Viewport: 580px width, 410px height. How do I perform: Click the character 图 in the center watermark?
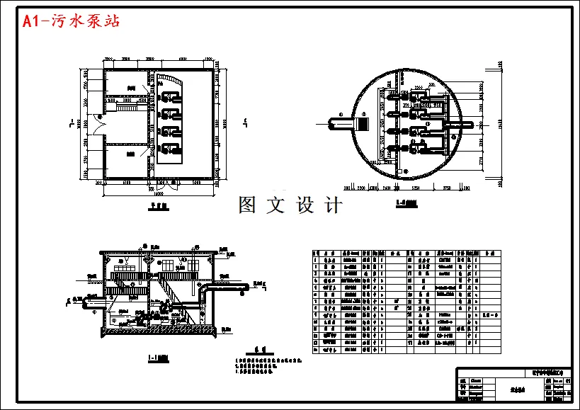pos(247,206)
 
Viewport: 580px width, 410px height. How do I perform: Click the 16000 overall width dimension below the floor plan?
pos(159,193)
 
